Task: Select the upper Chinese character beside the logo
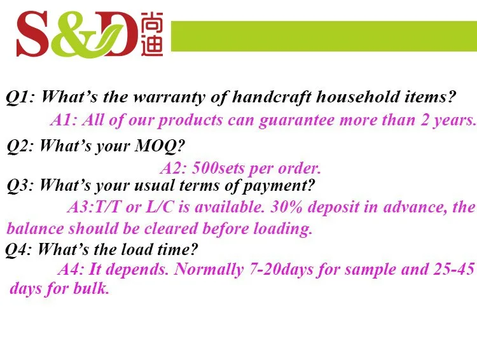[152, 22]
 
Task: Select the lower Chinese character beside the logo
[152, 45]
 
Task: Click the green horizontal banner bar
[324, 36]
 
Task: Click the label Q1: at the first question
[20, 97]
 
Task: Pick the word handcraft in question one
[272, 97]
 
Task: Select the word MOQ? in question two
[159, 146]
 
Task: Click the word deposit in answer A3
[333, 207]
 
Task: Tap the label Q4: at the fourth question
[18, 250]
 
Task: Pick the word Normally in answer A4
[209, 270]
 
